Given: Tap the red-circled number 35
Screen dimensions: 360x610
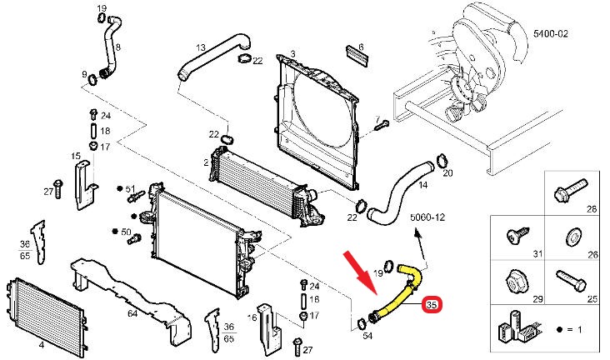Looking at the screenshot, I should pyautogui.click(x=432, y=307).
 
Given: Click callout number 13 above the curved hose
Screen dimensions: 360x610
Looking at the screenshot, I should pyautogui.click(x=201, y=47).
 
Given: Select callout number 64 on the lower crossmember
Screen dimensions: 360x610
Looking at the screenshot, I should pyautogui.click(x=132, y=314).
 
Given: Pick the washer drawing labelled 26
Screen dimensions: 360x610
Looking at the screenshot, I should pyautogui.click(x=573, y=237).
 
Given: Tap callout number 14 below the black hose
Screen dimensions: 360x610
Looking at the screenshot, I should pyautogui.click(x=422, y=185).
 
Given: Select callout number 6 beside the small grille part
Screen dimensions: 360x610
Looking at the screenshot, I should pyautogui.click(x=360, y=47).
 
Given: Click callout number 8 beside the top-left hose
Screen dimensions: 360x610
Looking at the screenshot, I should pyautogui.click(x=117, y=47).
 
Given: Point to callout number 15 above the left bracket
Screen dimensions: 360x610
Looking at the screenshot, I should pyautogui.click(x=76, y=156).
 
